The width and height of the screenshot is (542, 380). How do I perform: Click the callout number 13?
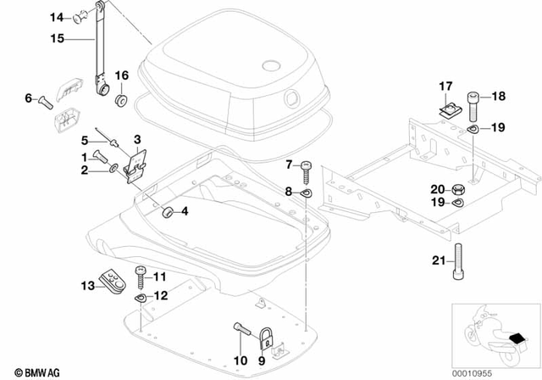pos(87,285)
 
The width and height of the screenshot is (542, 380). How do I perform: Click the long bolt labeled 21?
pos(458,262)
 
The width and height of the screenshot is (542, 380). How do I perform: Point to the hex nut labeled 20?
pos(458,188)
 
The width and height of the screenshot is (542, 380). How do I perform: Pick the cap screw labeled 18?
pos(473,105)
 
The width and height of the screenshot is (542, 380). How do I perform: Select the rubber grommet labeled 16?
pos(121,99)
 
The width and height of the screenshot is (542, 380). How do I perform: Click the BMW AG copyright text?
pos(30,371)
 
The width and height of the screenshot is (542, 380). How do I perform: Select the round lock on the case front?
pos(295,98)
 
